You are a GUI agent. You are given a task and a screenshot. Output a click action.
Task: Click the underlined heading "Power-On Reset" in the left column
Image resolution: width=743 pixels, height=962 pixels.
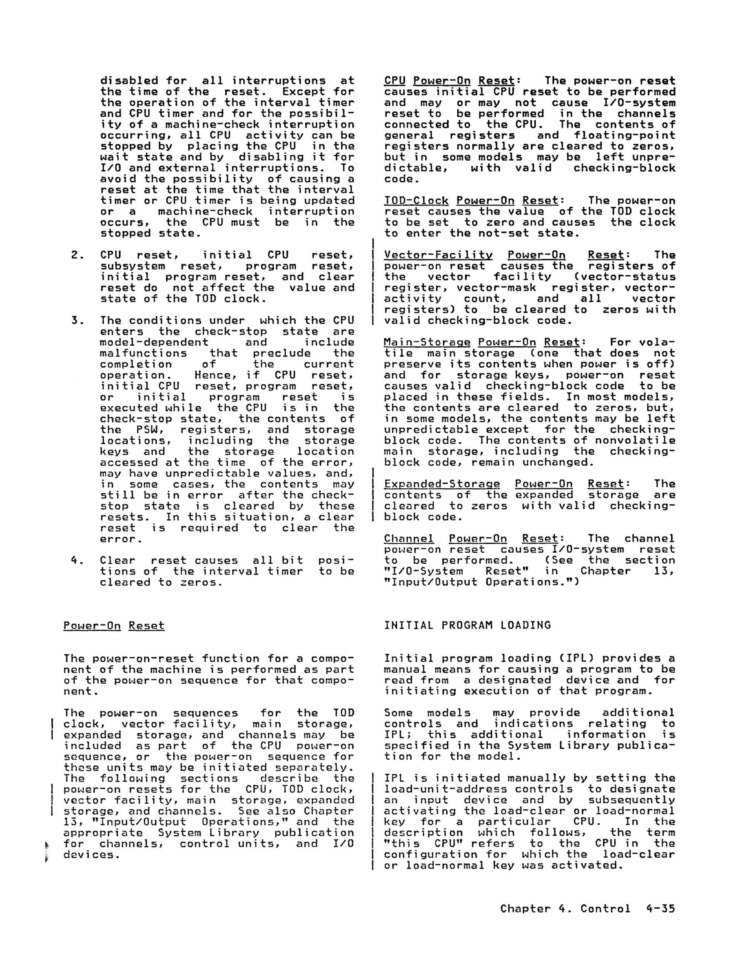(x=114, y=625)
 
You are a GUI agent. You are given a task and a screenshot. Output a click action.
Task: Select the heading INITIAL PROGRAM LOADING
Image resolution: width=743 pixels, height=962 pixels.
(x=467, y=625)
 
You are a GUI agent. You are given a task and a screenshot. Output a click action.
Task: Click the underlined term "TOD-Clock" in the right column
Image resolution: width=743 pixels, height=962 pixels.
(x=416, y=201)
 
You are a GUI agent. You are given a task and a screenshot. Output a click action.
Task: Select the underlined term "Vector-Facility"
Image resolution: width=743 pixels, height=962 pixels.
(x=438, y=255)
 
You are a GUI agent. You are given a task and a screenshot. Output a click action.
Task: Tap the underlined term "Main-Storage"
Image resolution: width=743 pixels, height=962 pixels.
(x=427, y=342)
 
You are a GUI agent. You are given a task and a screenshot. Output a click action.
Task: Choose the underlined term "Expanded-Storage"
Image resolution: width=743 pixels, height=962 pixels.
(x=442, y=484)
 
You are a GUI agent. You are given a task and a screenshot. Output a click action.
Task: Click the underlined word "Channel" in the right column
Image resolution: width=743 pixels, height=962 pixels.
(x=409, y=539)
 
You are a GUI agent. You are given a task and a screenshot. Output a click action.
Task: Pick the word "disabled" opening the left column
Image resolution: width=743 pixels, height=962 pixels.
(x=129, y=80)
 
